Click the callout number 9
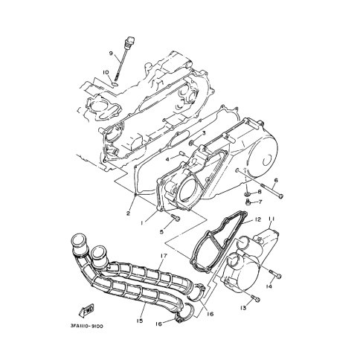tap(111, 53)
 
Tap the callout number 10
tap(106, 72)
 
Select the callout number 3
tap(204, 133)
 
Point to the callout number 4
tap(167, 159)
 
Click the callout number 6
tap(276, 180)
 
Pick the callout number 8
tap(260, 192)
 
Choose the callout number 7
tap(260, 202)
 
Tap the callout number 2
tap(128, 213)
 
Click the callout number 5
tap(161, 232)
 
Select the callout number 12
tap(258, 219)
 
